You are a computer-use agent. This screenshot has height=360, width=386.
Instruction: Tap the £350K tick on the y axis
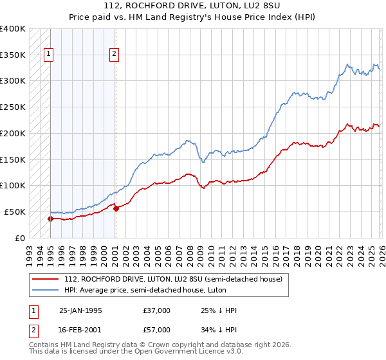coord(13,55)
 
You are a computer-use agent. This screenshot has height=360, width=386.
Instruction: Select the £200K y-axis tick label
coord(13,133)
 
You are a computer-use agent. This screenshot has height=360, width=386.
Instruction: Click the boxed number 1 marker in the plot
coord(50,55)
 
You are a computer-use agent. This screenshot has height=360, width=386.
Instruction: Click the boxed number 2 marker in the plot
coord(114,55)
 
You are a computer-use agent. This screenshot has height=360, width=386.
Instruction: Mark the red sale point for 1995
coord(50,219)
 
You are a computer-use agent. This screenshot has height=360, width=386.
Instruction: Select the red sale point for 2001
coord(116,208)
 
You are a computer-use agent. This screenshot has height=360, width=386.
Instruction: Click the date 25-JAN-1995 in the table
coord(80,310)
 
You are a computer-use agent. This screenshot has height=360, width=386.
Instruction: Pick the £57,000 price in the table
coord(157,330)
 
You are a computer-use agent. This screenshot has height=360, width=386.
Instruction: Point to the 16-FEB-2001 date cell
coord(80,330)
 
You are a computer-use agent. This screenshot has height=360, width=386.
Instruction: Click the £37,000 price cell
coord(157,310)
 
